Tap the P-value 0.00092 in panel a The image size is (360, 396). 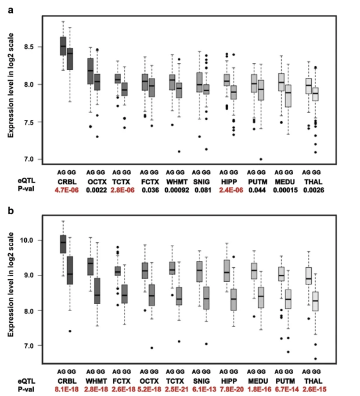[175, 190]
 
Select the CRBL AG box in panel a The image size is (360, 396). [63, 46]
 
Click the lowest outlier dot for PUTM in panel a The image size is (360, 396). [261, 159]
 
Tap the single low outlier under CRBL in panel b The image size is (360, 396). [69, 331]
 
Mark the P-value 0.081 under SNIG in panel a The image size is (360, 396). [202, 190]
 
